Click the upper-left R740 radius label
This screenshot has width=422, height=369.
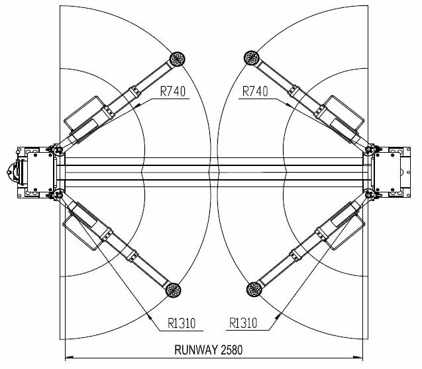tap(173, 91)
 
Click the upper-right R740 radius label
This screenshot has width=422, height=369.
tap(255, 91)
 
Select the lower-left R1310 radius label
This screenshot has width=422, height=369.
tap(182, 323)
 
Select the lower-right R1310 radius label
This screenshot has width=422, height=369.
tap(243, 323)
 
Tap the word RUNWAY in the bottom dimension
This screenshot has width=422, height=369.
tap(196, 350)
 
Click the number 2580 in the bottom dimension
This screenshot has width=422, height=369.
tap(232, 350)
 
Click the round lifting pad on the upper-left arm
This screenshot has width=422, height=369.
tap(178, 59)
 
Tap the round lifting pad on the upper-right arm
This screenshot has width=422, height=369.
tap(251, 58)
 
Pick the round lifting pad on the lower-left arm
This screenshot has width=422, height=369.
tap(174, 290)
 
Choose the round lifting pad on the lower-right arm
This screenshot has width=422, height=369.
tap(254, 289)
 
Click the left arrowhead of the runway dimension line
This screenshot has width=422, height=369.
tap(69, 358)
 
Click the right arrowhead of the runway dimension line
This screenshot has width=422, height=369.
tap(358, 358)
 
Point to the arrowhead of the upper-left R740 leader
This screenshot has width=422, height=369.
tap(137, 106)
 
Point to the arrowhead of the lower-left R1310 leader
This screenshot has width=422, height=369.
tap(149, 316)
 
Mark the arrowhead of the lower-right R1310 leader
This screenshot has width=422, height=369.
tap(278, 315)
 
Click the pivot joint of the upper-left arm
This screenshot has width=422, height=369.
tap(58, 149)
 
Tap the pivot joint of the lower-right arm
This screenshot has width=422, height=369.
tap(370, 194)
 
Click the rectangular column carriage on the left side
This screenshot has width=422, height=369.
tap(40, 172)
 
